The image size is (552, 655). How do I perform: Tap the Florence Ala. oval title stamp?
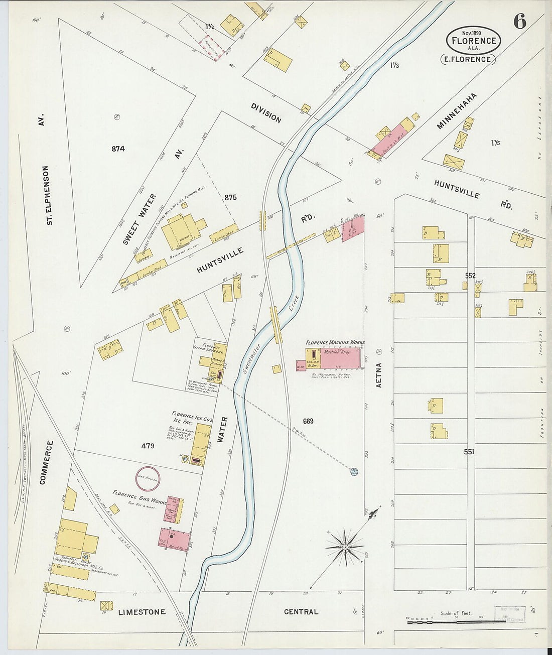tap(473, 41)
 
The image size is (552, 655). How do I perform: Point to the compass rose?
tap(345, 546)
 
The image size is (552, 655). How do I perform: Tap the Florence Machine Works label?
tap(335, 342)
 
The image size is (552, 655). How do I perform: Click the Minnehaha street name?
tap(456, 111)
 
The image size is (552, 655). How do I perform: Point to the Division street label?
tap(266, 113)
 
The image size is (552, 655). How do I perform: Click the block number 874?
tap(118, 149)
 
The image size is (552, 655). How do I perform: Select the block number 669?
tap(308, 421)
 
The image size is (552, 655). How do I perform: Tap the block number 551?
tap(469, 452)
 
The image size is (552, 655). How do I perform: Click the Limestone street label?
tap(142, 612)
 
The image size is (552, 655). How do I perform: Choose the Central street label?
tap(301, 612)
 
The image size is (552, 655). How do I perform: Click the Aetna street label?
tap(379, 375)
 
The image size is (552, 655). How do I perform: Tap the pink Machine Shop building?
tap(340, 357)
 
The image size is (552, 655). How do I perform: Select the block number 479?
tap(148, 446)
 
